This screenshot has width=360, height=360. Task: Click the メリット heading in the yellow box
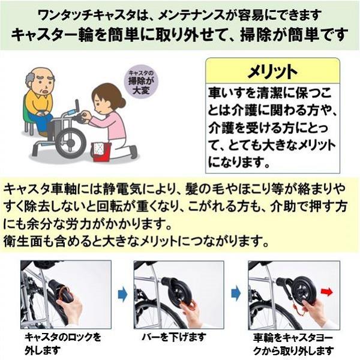[x=272, y=71]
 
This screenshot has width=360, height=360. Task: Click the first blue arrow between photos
[x=122, y=295]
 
